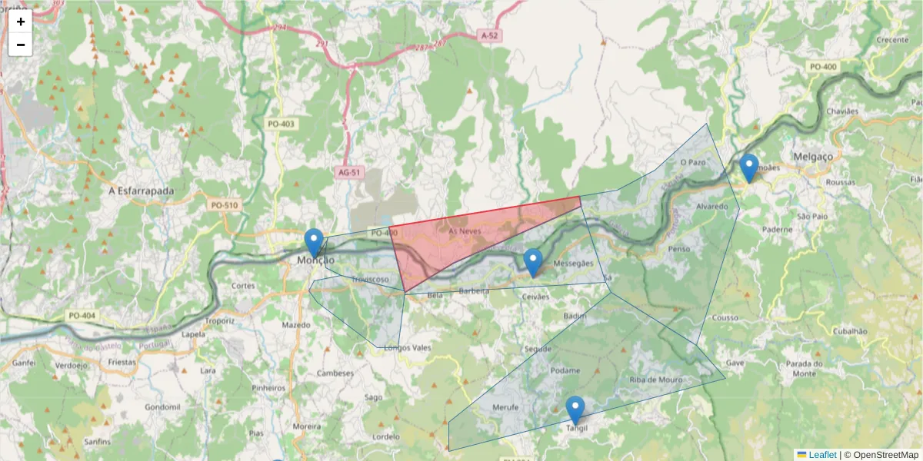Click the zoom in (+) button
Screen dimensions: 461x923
[x=21, y=21]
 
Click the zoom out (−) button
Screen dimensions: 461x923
[x=21, y=45]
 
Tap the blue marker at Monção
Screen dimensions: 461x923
[x=314, y=241]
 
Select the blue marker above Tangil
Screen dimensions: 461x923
[x=575, y=409]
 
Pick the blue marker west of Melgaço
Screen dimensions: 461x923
[x=748, y=167]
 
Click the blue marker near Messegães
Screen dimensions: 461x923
[x=533, y=261]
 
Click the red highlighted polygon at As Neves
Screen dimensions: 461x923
[x=461, y=238]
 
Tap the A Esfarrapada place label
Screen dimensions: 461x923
[x=142, y=190]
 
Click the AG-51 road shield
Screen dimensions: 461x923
[x=348, y=173]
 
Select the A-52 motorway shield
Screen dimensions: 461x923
[x=490, y=35]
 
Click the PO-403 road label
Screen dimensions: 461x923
[x=281, y=124]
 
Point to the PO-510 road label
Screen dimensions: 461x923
[x=225, y=205]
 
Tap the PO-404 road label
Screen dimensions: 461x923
[x=82, y=316]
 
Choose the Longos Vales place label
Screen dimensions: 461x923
[x=408, y=348]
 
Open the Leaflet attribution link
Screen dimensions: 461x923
[x=821, y=455]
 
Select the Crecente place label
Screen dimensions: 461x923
[x=892, y=40]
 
